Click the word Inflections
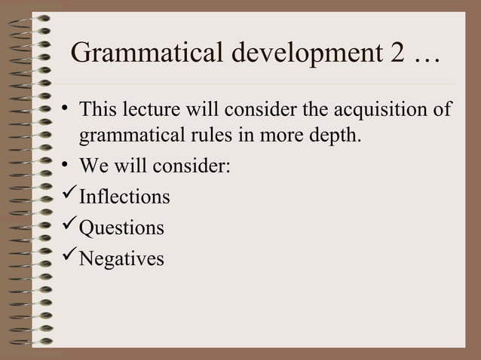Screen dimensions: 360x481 124,197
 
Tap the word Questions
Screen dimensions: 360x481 121,227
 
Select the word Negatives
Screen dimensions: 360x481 121,258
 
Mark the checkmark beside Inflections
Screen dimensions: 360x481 68,197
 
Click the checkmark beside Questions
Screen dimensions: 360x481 68,227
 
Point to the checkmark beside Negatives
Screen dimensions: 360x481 68,258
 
